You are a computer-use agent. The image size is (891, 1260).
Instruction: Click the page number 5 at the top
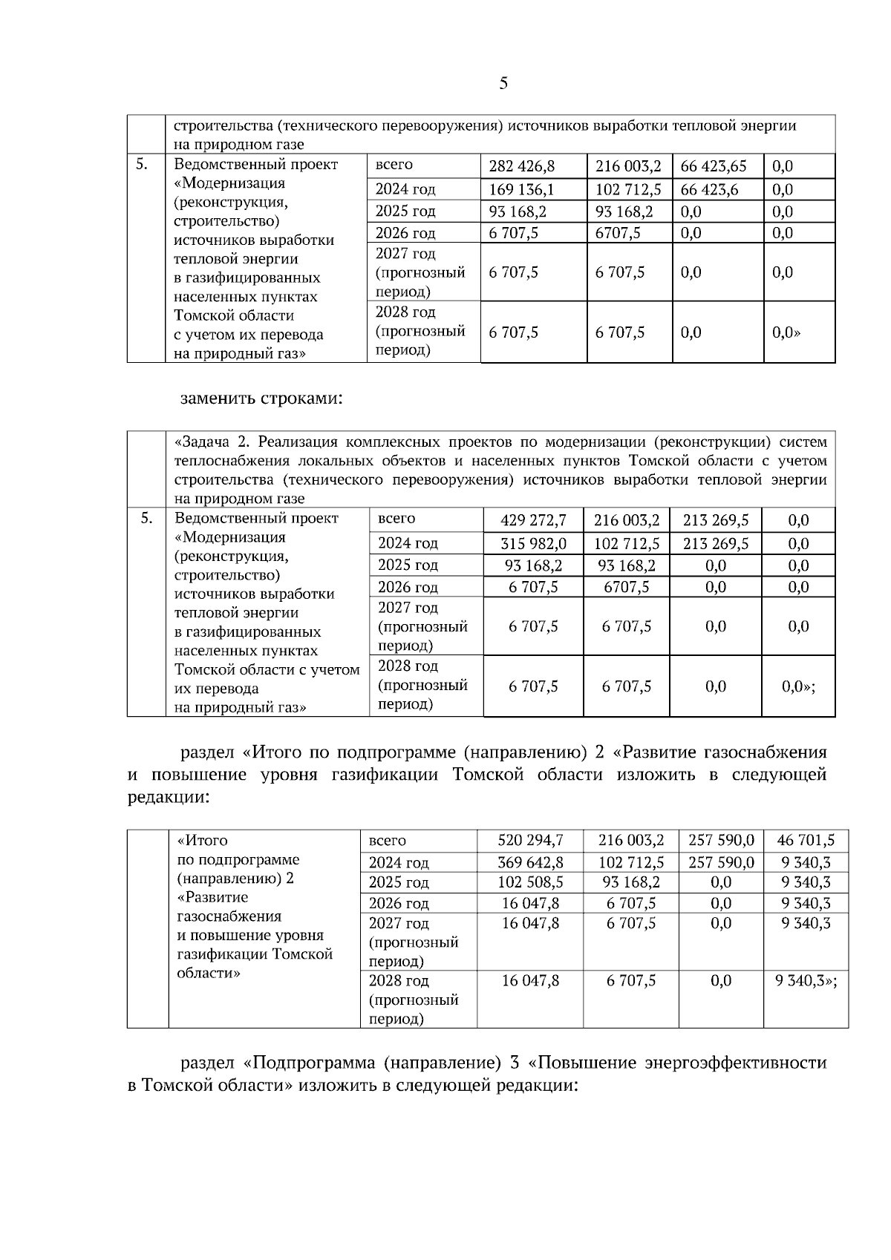[503, 83]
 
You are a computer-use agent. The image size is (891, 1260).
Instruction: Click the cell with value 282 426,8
[521, 166]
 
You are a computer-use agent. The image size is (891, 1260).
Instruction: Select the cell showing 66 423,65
[714, 166]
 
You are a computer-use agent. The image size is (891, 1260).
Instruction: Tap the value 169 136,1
[521, 189]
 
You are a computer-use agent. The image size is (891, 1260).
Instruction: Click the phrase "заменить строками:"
[261, 399]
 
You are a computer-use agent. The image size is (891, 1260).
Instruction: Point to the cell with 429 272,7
[533, 520]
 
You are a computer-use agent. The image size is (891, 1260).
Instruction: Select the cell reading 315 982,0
[533, 544]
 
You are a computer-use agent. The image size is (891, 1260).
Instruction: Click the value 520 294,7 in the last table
[530, 841]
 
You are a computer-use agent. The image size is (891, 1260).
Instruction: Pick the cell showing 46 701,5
[806, 841]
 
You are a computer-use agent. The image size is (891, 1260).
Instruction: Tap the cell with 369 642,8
[530, 862]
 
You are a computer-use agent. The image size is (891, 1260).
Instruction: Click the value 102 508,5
[530, 882]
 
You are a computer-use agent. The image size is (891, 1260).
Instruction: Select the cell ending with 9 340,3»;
[806, 980]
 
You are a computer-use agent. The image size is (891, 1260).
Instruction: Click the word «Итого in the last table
[202, 841]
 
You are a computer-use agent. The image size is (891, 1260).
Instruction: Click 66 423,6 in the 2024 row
[710, 189]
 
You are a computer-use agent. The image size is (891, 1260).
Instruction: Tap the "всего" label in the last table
[387, 841]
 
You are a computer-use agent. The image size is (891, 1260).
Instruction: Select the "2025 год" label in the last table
[398, 882]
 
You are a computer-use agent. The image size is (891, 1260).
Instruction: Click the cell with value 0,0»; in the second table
[798, 686]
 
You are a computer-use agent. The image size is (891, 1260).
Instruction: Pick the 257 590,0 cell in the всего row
[721, 841]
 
